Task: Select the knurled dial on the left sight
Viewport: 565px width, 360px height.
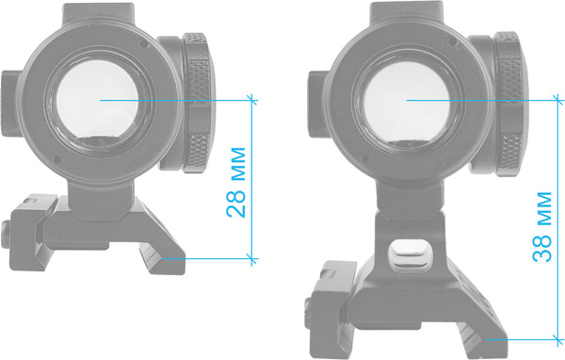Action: coord(199,104)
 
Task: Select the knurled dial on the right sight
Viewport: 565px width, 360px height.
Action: coord(508,104)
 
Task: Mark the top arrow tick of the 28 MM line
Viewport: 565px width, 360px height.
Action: coord(251,97)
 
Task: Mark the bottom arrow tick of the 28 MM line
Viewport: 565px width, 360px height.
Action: coord(251,256)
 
